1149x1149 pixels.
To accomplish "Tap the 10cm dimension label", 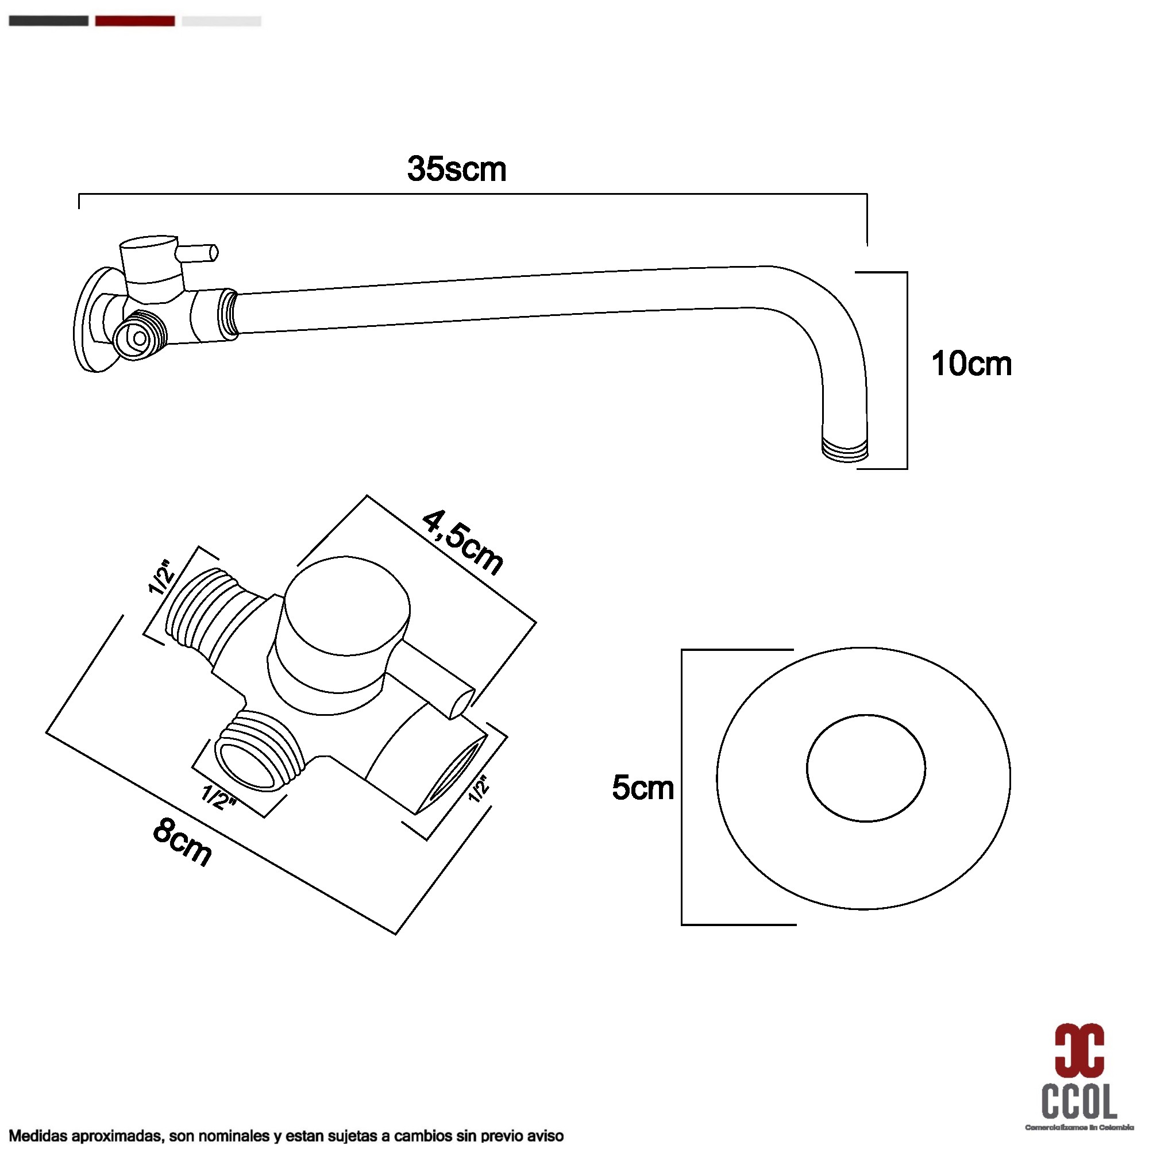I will [970, 364].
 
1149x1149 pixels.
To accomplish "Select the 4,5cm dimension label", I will [462, 542].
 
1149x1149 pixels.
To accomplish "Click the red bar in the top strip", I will [135, 21].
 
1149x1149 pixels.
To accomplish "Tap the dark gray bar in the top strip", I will [49, 21].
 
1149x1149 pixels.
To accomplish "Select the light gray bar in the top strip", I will [221, 21].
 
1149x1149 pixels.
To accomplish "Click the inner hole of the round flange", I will [865, 768].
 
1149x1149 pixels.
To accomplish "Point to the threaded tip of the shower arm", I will [845, 450].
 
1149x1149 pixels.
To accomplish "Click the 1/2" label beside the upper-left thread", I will [161, 576].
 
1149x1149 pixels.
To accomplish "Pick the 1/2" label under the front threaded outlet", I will [219, 797].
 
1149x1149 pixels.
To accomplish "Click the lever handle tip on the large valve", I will [461, 703].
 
